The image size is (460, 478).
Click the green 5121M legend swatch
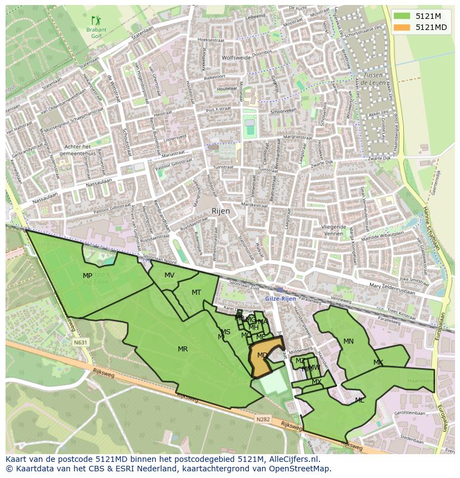pyautogui.click(x=403, y=16)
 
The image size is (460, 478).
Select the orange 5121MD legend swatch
pyautogui.click(x=403, y=27)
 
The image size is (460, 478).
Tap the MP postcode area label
pyautogui.click(x=87, y=276)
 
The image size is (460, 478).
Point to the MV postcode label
pyautogui.click(x=169, y=275)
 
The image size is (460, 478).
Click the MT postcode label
pyautogui.click(x=196, y=293)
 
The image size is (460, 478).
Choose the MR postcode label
pyautogui.click(x=183, y=349)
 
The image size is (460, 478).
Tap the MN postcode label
pyautogui.click(x=348, y=341)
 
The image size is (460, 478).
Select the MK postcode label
pyautogui.click(x=378, y=363)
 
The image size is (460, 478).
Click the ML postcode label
pyautogui.click(x=359, y=400)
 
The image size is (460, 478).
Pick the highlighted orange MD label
pyautogui.click(x=262, y=355)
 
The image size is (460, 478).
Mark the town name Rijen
pyautogui.click(x=221, y=212)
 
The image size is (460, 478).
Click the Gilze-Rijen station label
pyautogui.click(x=281, y=299)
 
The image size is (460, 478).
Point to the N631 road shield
pyautogui.click(x=81, y=343)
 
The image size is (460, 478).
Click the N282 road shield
pyautogui.click(x=263, y=419)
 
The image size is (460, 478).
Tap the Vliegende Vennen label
pyautogui.click(x=333, y=230)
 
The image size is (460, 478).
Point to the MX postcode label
pyautogui.click(x=317, y=382)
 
